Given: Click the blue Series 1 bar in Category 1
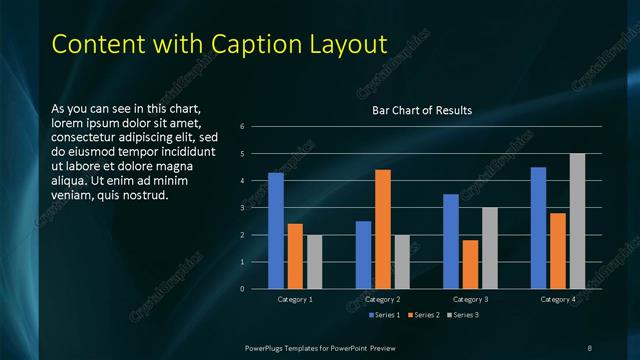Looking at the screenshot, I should point(276,231).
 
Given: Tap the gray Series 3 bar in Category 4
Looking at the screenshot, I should point(577,221).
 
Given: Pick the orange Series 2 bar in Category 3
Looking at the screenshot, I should point(470,264).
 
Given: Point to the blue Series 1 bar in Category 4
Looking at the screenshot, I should point(538,228).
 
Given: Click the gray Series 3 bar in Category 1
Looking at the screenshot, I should point(314,262).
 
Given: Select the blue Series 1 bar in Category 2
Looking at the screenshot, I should point(363,255).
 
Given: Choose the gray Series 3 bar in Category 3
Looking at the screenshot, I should point(489,248).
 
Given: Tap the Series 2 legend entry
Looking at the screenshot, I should point(423,316).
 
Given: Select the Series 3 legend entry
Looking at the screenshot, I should point(463,316).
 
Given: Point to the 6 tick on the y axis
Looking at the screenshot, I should point(243,127).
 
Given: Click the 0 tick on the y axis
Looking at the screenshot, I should point(243,289).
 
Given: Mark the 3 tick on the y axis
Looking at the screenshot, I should point(243,208).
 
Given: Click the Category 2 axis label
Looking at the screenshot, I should point(382,299).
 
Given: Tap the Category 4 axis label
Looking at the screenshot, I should point(558,299).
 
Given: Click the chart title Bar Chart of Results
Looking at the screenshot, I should point(422,110).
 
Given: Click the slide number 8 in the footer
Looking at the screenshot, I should point(589,346).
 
